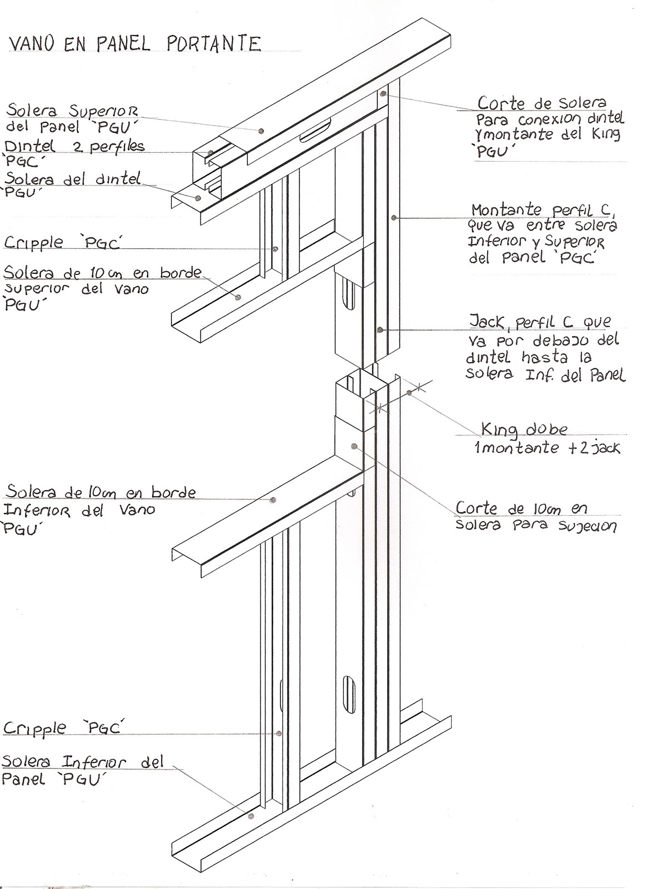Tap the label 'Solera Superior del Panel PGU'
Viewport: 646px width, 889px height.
point(72,118)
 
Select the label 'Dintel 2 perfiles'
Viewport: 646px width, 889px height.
point(74,147)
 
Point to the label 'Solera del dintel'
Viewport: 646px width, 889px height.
point(72,179)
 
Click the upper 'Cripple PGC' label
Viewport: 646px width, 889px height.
point(63,243)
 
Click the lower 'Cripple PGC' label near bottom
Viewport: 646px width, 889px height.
point(63,728)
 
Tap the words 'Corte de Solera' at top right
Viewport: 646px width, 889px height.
point(542,103)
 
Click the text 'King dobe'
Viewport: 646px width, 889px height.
point(524,429)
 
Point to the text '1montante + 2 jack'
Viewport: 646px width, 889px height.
point(547,448)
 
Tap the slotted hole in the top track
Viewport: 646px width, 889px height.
point(315,131)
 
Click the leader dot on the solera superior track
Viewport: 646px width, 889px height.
point(261,131)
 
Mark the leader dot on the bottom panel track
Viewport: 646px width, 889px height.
point(251,816)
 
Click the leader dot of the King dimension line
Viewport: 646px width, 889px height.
point(409,393)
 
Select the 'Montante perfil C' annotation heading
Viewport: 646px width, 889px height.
point(543,210)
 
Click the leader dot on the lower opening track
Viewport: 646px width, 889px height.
point(273,500)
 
